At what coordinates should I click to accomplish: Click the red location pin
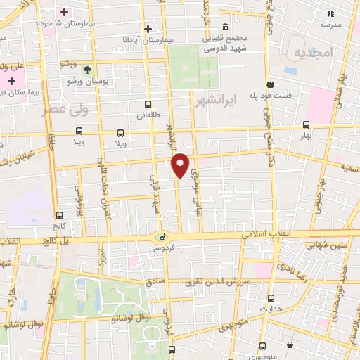click(181, 165)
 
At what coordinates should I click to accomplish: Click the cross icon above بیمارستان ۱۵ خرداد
click(65, 13)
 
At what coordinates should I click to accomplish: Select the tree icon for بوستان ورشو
click(87, 70)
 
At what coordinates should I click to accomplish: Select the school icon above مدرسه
click(329, 13)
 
